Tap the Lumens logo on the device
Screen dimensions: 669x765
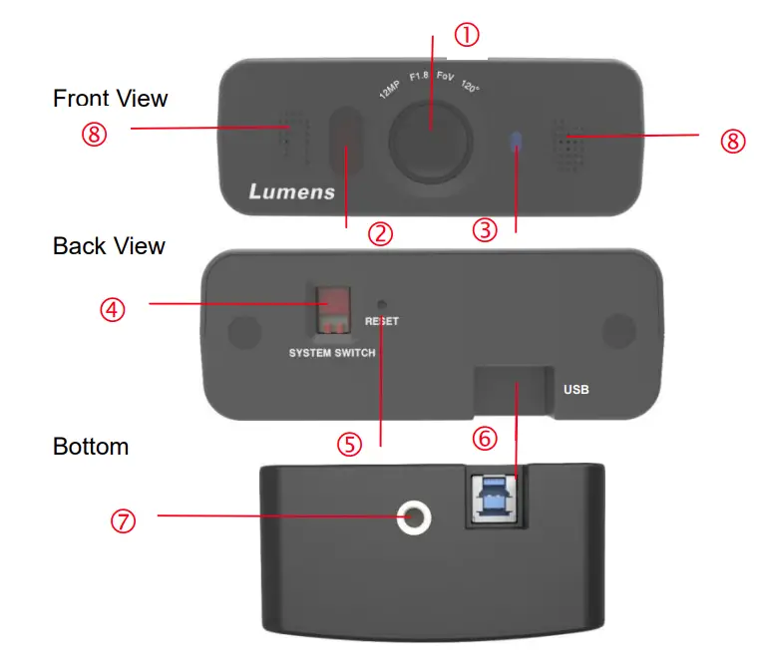coord(291,190)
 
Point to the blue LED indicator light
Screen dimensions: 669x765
coord(515,143)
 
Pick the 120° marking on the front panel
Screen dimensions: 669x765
coord(471,88)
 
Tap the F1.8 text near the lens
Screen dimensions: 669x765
coord(419,78)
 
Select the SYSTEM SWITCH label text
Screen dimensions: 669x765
coord(332,354)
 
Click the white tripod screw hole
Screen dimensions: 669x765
coord(413,516)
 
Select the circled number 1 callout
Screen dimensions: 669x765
coord(467,36)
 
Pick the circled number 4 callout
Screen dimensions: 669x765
coord(113,309)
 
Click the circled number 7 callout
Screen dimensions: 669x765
coord(123,520)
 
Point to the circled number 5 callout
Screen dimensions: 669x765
coord(348,444)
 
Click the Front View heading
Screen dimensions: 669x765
coord(111,99)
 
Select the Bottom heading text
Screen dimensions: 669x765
coord(91,446)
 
